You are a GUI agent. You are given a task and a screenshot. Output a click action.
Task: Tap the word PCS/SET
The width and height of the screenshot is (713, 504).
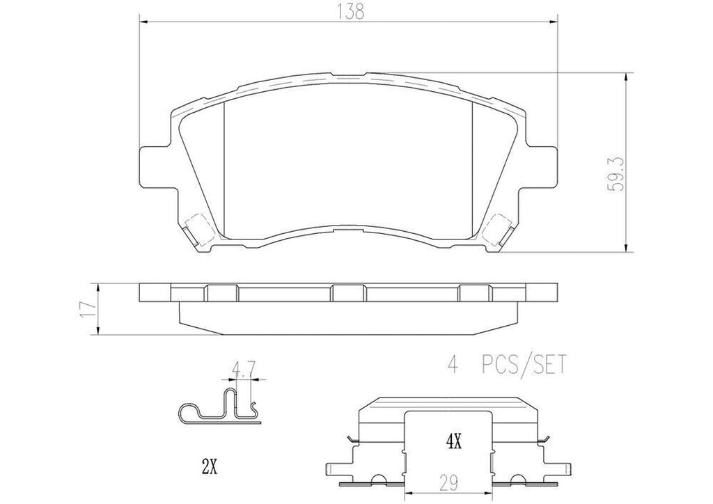click(524, 363)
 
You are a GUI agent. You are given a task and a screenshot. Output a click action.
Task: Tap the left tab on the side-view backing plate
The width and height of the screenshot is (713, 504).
click(221, 292)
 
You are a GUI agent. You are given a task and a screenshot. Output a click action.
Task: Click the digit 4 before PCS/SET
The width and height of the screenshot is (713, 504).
click(449, 363)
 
